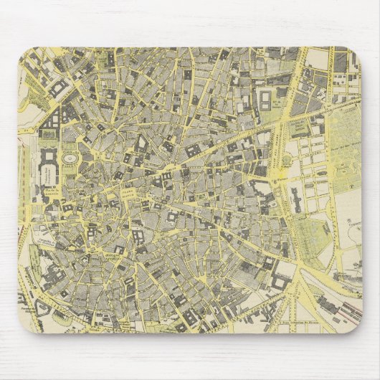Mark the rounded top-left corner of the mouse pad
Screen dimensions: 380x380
[24, 54]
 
